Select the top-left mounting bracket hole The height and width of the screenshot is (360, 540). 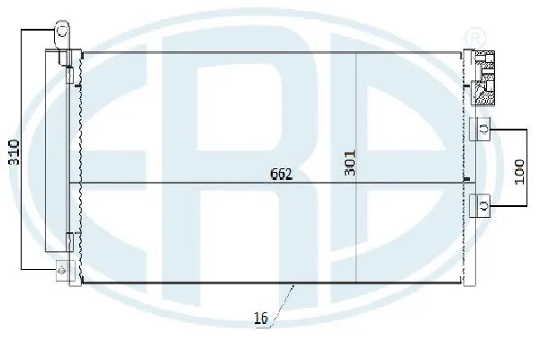[x=62, y=30]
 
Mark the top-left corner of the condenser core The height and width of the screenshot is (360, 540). [x=82, y=53]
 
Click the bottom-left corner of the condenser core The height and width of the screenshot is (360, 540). [x=82, y=282]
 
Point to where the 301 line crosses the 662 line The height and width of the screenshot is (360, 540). [x=357, y=184]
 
